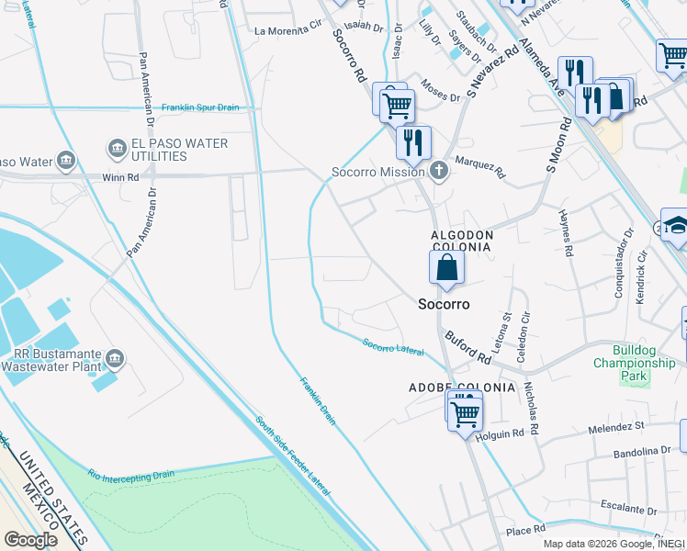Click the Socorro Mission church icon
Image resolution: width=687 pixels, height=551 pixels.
(439, 172)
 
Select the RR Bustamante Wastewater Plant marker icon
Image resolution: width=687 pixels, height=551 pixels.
(115, 357)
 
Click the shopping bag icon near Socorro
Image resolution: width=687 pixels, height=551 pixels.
(447, 268)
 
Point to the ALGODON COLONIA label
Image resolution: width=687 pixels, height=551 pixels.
(463, 235)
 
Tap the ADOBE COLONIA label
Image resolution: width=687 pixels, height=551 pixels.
(462, 388)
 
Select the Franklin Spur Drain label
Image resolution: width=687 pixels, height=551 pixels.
(200, 107)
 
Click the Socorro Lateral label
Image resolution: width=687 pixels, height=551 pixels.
(393, 348)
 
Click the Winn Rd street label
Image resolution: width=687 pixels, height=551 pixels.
(119, 177)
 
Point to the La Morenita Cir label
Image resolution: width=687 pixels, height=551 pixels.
(290, 31)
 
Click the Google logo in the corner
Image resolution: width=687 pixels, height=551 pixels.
(31, 540)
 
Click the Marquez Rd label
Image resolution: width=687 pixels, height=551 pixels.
(480, 168)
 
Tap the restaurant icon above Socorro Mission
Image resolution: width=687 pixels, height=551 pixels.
(413, 141)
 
